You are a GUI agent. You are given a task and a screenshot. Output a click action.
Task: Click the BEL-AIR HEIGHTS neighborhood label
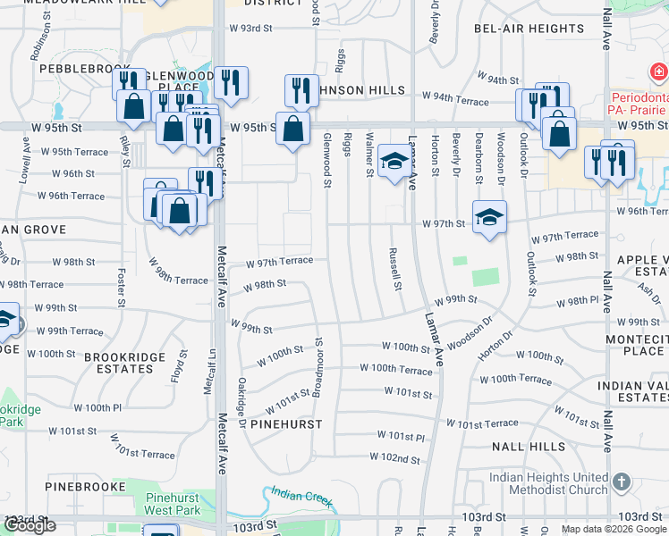click(529, 29)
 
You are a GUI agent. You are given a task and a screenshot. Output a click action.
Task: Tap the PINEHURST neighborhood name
click(285, 424)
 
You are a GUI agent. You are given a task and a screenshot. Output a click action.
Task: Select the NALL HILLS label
click(522, 445)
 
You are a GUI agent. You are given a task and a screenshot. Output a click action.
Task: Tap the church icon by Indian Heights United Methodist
click(622, 482)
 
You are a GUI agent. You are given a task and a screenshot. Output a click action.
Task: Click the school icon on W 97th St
click(489, 217)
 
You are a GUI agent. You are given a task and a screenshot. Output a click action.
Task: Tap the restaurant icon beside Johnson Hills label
click(302, 89)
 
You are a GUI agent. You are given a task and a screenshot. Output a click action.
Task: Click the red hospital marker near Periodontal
click(657, 71)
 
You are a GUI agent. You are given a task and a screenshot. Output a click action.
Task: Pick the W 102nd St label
click(395, 458)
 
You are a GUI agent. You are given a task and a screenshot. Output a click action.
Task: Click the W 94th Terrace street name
click(455, 95)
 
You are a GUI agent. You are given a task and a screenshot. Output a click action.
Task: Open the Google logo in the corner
click(29, 525)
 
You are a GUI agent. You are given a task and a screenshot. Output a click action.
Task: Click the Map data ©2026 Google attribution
click(614, 529)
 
